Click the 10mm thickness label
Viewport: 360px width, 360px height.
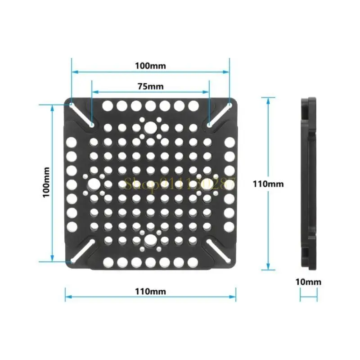tap(309, 282)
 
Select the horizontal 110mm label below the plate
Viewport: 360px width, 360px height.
tap(150, 291)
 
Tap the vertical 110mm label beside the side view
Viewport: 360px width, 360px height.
tap(268, 184)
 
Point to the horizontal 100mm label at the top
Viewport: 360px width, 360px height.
tap(150, 66)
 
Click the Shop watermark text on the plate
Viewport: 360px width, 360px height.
tap(180, 184)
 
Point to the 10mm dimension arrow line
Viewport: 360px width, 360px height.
tap(309, 295)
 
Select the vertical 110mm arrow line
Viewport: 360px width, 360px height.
tap(268, 135)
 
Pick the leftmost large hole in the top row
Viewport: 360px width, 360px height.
tap(108, 106)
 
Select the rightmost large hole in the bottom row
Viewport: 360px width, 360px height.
tap(193, 261)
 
